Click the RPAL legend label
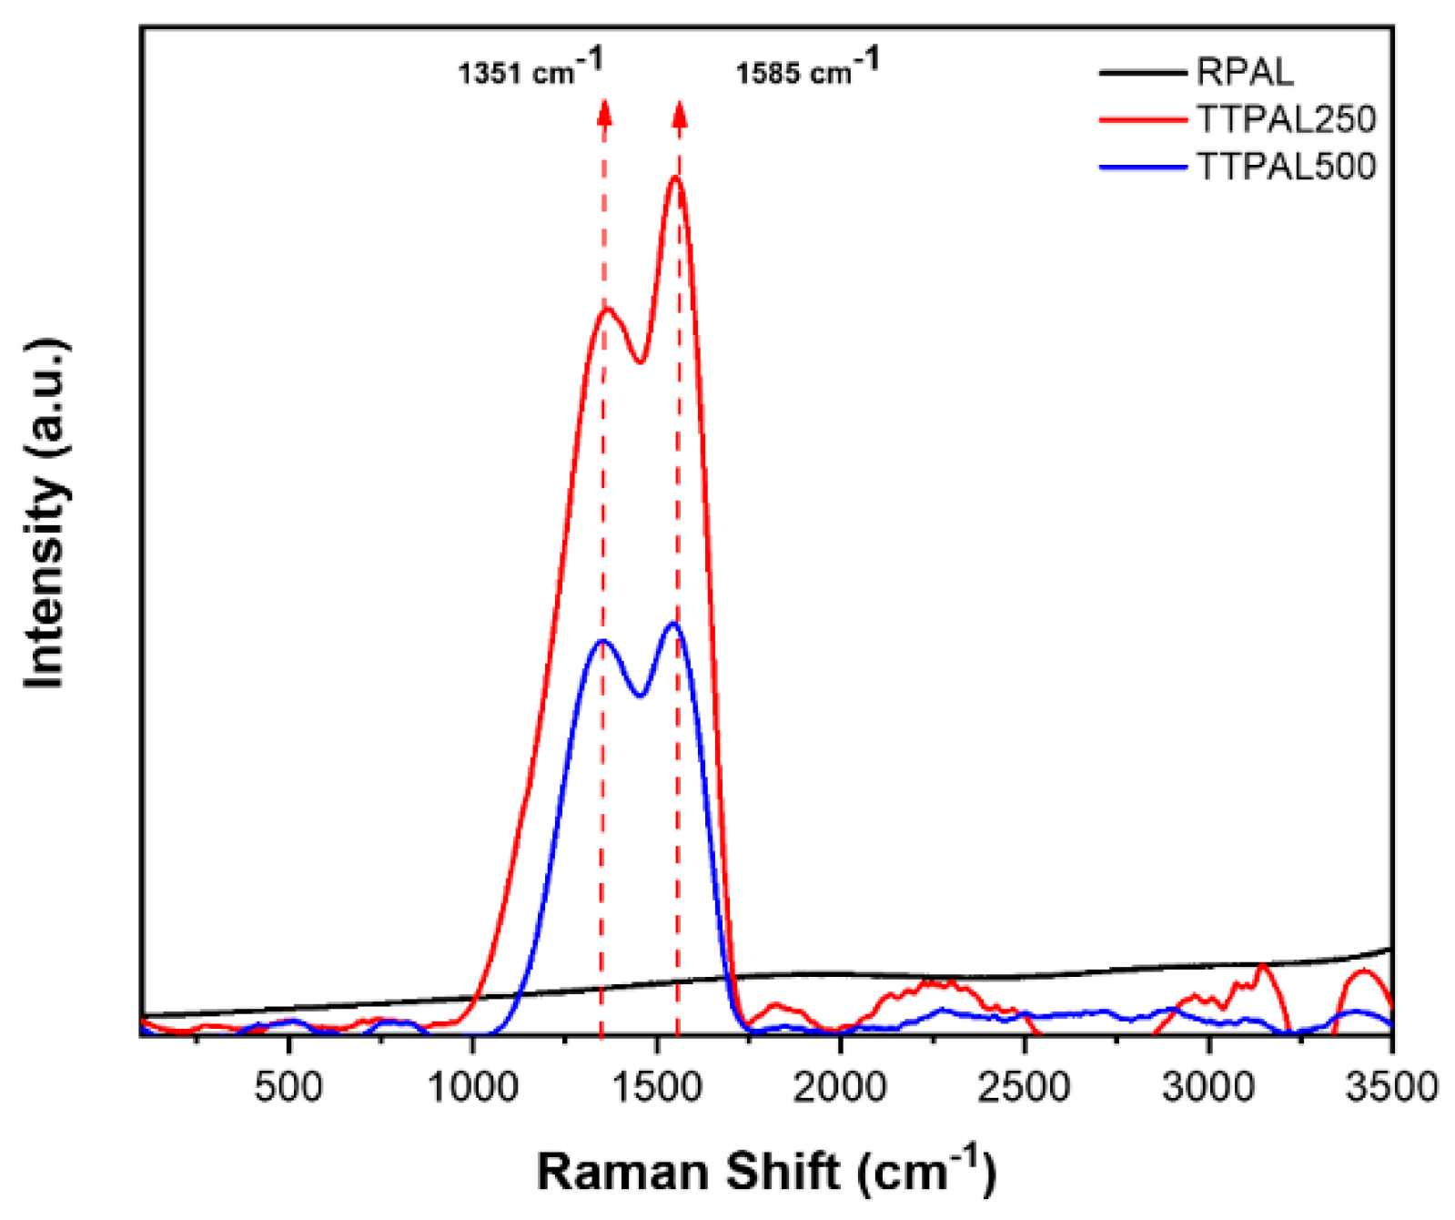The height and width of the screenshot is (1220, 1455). pos(1244,72)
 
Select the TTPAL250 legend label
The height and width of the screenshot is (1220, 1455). pos(1285,119)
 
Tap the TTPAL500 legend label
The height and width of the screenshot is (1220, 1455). pos(1285,167)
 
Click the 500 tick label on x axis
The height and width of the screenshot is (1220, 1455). pos(288,1088)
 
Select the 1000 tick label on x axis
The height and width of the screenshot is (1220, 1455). pos(472,1088)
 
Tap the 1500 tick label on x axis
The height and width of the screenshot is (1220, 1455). pos(656,1088)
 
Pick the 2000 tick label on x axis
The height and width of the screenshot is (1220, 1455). pos(840,1088)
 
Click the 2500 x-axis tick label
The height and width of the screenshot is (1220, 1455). pos(1024,1088)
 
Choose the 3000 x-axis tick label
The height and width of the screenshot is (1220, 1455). pos(1207,1088)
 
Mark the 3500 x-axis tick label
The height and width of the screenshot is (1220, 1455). pos(1391,1088)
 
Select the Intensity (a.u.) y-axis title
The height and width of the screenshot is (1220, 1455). pos(45,514)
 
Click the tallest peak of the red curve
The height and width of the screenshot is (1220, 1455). pos(676,178)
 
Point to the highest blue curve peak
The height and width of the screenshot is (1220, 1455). pos(673,624)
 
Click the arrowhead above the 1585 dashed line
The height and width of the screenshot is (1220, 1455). pos(679,112)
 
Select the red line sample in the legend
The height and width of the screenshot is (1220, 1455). pos(1142,119)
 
